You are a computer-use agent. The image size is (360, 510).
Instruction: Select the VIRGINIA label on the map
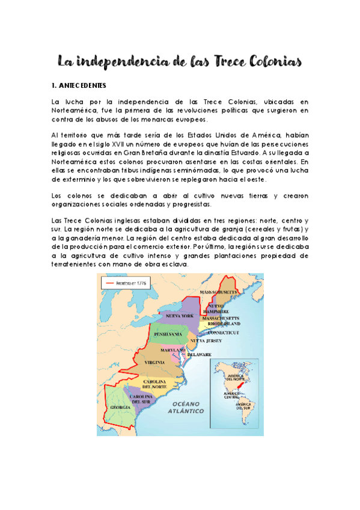tap(156, 363)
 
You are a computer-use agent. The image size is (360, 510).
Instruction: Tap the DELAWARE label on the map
tap(199, 355)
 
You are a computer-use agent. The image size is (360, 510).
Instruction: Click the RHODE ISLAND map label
tap(224, 324)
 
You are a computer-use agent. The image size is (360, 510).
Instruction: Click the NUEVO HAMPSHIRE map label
tap(218, 309)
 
